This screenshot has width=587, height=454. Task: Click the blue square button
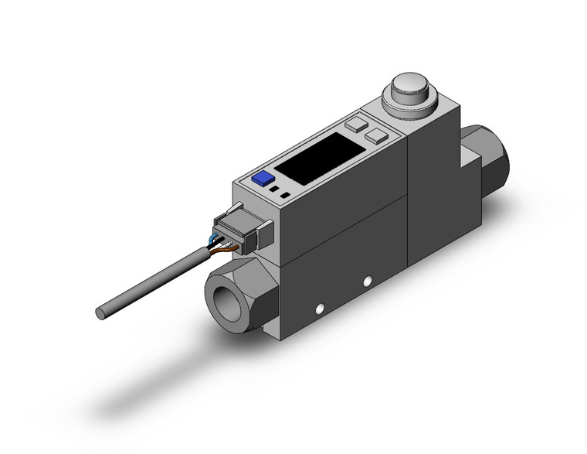click(263, 178)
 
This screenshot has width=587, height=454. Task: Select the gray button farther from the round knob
click(357, 123)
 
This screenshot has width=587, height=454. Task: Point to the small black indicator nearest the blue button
click(274, 188)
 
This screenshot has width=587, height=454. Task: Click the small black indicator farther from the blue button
click(285, 195)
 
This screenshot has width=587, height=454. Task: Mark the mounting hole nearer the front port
click(317, 310)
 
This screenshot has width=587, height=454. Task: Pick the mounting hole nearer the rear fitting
click(368, 279)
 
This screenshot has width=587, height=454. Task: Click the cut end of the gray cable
click(100, 313)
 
